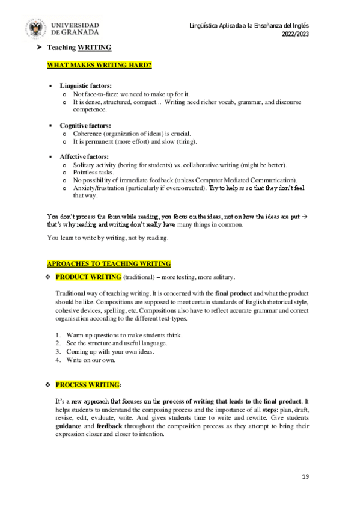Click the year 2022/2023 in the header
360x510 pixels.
click(x=295, y=34)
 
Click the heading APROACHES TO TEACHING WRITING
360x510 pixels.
click(x=109, y=263)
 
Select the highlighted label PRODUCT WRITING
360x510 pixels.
click(x=88, y=277)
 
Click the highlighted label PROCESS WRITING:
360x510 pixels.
click(x=88, y=384)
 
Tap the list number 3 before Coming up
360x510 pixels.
click(x=58, y=352)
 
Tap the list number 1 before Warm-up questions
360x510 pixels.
click(x=58, y=334)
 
